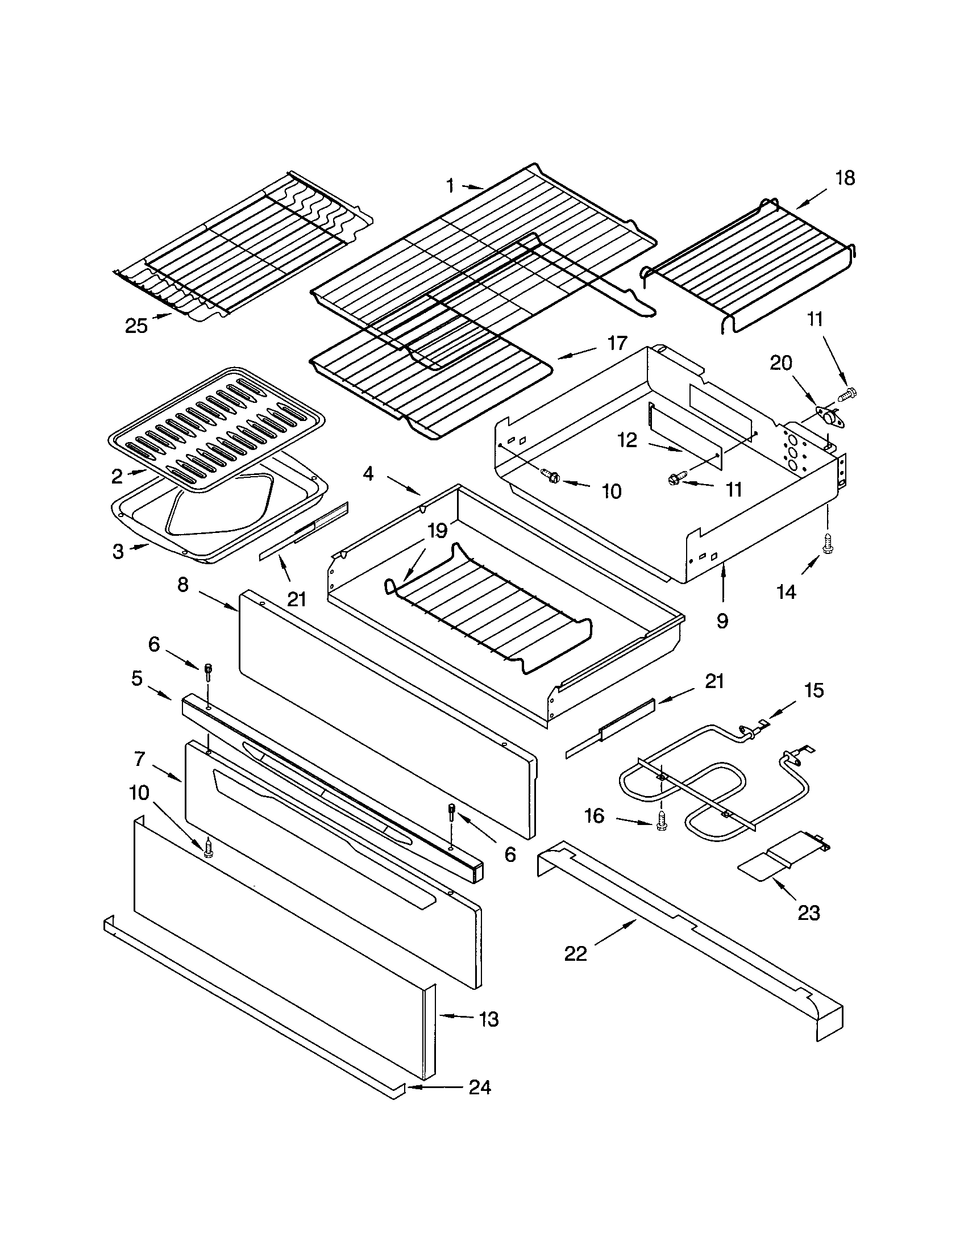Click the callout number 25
click(136, 326)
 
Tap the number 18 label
click(845, 178)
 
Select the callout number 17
click(617, 343)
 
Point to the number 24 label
click(480, 1087)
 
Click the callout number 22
click(575, 953)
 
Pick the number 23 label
click(808, 913)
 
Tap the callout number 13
click(489, 1019)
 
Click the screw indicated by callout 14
click(827, 540)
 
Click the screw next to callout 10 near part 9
click(553, 476)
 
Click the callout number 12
click(627, 440)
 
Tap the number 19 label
click(437, 531)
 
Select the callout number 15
click(814, 690)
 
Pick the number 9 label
click(722, 621)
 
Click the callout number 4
click(368, 474)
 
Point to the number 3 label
click(117, 552)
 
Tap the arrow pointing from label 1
click(472, 186)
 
